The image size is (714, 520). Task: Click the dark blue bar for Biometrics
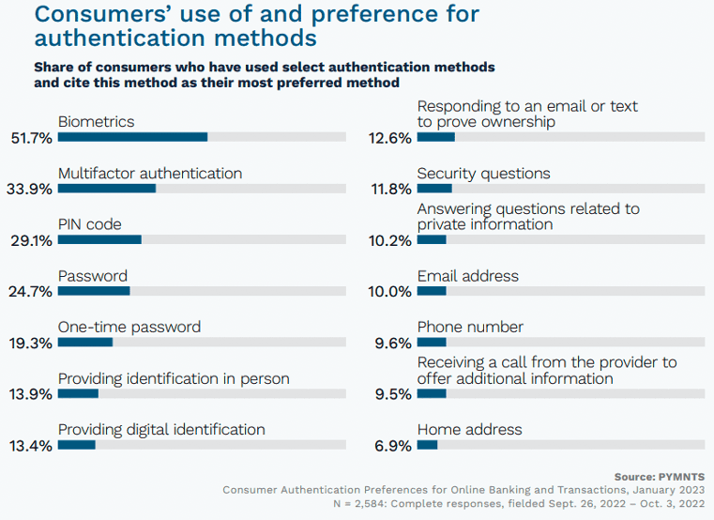(132, 137)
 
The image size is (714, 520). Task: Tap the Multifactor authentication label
(150, 174)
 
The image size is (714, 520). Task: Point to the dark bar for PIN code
(99, 239)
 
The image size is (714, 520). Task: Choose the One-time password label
(129, 328)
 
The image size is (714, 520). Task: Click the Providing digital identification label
(161, 430)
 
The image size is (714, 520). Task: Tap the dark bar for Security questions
(434, 189)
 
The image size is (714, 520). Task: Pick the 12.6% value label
(389, 138)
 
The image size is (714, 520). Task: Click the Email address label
(467, 276)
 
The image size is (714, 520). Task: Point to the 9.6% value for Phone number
(392, 344)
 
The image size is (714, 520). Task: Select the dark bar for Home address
(427, 445)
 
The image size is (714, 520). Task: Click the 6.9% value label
(392, 446)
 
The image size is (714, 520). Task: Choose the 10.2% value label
(389, 241)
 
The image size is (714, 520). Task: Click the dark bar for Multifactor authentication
(107, 189)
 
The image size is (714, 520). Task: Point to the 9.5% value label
(392, 395)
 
